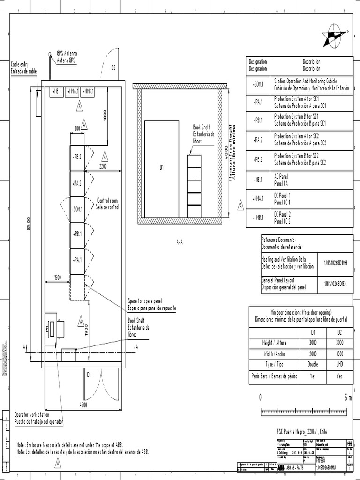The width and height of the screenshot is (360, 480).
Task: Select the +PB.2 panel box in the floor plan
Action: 77,158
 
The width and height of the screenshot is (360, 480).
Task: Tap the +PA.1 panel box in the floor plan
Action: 77,260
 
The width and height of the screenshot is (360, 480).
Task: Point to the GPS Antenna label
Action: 67,57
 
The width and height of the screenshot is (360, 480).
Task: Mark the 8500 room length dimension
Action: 28,225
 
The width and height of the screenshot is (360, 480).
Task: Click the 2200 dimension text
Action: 103,166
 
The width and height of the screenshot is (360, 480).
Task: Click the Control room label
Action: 107,203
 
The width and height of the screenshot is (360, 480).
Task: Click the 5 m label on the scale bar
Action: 347,398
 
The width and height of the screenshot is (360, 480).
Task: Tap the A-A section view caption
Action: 180,242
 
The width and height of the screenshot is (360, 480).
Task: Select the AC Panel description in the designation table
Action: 281,180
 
